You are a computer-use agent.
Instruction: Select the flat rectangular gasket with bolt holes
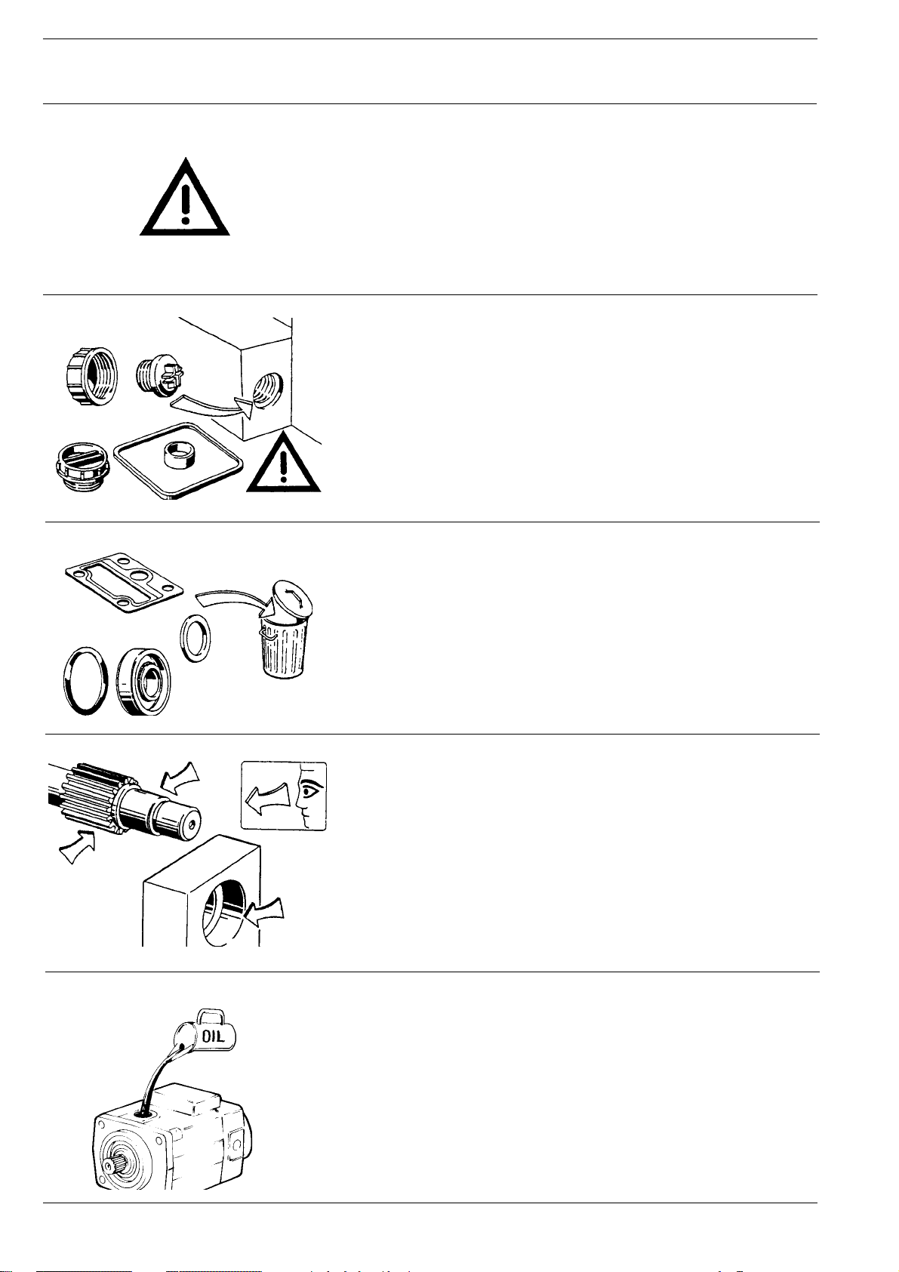coord(124,583)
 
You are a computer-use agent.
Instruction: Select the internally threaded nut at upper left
coord(88,376)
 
